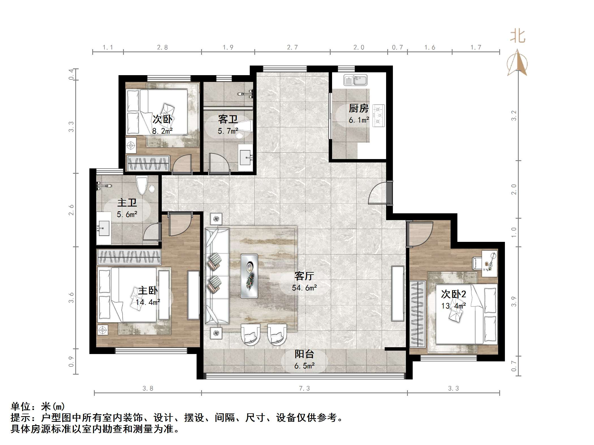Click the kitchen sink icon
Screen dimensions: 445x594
tap(355, 80)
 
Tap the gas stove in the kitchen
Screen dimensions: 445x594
tap(378, 115)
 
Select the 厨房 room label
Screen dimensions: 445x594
tap(359, 108)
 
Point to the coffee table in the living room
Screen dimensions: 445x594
tap(249, 276)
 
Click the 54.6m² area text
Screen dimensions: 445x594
tap(304, 288)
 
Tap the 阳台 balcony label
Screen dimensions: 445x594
tap(304, 354)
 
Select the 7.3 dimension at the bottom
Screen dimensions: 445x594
tap(304, 388)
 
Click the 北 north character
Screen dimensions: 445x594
tap(518, 37)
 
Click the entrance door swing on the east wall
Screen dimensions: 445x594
tap(378, 193)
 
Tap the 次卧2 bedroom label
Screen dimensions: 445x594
tap(453, 294)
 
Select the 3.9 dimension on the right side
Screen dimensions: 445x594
tap(514, 301)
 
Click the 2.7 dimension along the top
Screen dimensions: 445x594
tap(292, 47)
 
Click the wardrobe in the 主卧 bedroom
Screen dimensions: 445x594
tap(129, 257)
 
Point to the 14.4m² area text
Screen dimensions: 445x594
tap(148, 302)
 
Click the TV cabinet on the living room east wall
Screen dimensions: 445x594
tap(397, 293)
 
